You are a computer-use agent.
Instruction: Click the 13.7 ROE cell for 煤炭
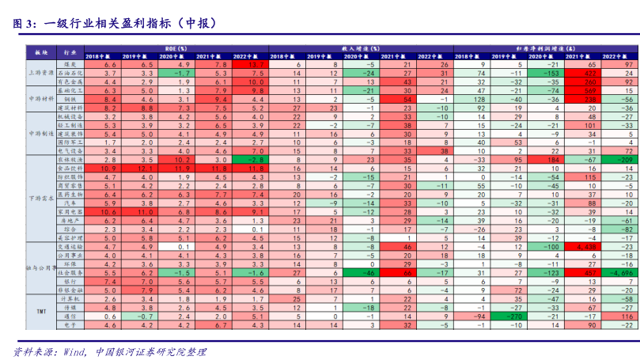click(253, 63)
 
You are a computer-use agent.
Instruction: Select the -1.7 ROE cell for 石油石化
click(181, 73)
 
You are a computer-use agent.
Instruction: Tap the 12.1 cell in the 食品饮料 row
click(145, 169)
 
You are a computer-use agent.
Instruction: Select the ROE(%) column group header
click(181, 48)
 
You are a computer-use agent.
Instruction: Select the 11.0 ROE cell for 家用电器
click(145, 211)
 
